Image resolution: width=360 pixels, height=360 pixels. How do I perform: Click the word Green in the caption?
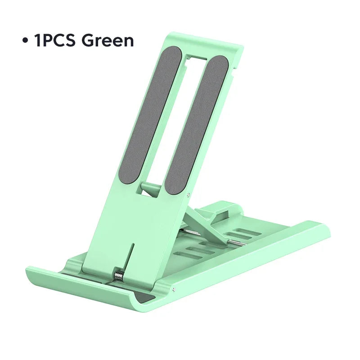click(x=108, y=40)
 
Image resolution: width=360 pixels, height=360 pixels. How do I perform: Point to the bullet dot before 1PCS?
click(x=25, y=41)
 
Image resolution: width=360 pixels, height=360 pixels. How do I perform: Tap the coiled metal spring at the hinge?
click(x=119, y=275)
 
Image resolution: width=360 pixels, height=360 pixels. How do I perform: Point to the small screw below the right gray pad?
click(x=187, y=194)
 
